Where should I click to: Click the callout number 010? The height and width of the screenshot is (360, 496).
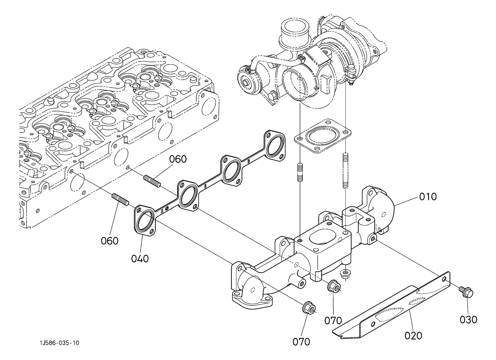428,197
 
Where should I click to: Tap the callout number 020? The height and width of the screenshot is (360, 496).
413,336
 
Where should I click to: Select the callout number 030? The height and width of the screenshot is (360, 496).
468,319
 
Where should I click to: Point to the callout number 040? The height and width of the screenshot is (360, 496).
140,259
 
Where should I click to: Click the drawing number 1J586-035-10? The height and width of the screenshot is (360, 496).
59,343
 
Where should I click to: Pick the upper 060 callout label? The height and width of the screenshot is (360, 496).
178,159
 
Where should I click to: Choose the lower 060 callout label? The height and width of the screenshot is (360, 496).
110,241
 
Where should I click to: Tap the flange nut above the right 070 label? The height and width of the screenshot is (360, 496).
334,287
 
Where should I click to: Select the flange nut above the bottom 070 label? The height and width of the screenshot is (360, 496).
309,307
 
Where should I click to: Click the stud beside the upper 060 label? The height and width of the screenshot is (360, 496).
153,181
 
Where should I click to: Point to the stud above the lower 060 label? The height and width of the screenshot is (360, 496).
120,199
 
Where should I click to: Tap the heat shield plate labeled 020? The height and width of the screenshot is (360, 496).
391,309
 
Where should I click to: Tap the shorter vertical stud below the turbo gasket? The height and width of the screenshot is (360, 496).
300,172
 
